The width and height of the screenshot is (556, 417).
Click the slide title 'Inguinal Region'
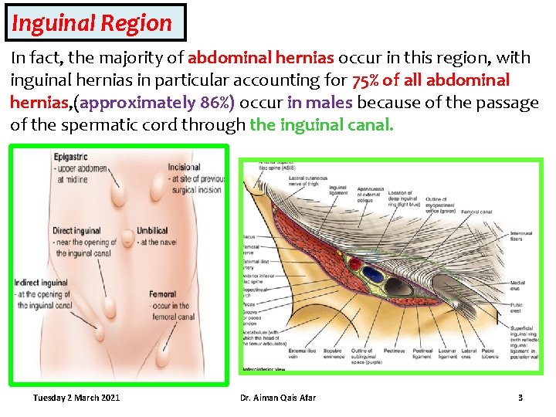(x=92, y=23)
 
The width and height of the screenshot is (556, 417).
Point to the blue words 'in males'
(x=320, y=103)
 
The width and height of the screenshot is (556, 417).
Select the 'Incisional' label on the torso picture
(x=184, y=167)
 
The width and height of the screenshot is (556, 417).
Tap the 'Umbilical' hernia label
(x=152, y=231)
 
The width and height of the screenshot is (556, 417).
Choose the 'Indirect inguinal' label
(x=40, y=283)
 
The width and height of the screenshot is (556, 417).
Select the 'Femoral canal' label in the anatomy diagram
(x=477, y=212)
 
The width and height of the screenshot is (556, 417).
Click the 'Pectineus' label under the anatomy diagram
(x=395, y=353)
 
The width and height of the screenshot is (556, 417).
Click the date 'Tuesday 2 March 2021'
(x=76, y=398)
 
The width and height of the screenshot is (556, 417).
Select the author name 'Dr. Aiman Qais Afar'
(x=277, y=398)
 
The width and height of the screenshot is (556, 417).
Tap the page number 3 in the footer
(x=520, y=398)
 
